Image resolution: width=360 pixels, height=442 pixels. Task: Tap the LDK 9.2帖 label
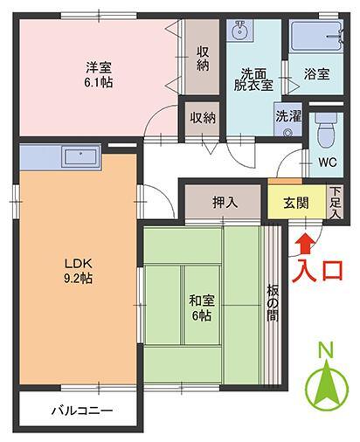pos(77,271)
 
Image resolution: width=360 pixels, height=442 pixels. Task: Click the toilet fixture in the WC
pos(324,132)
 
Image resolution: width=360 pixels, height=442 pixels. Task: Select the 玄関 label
pos(295,202)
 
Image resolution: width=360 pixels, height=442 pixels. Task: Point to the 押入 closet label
pos(225,202)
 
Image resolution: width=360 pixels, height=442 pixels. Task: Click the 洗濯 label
pos(287,115)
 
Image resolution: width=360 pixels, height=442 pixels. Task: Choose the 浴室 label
pos(316,73)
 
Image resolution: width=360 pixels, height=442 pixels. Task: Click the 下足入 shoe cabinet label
pos(336,202)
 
